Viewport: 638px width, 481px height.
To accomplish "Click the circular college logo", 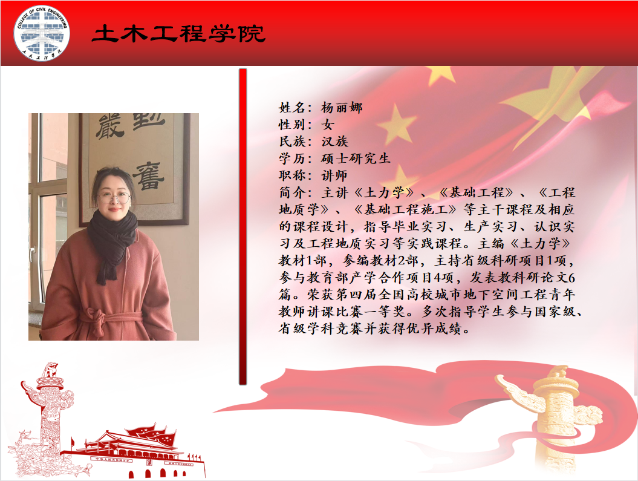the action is pyautogui.click(x=42, y=33).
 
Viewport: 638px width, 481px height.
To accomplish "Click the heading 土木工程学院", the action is pyautogui.click(x=178, y=34).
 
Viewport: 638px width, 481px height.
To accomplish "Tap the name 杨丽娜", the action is pyautogui.click(x=342, y=108).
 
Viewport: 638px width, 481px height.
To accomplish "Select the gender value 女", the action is pyautogui.click(x=328, y=125).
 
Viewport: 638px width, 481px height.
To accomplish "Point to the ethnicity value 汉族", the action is pyautogui.click(x=335, y=141).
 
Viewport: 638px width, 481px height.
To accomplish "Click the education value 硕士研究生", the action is pyautogui.click(x=356, y=159).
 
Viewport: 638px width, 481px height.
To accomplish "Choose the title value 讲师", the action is pyautogui.click(x=334, y=175).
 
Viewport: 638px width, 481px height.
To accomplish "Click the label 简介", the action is pyautogui.click(x=293, y=192).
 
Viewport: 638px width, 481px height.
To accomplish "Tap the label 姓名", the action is pyautogui.click(x=293, y=108).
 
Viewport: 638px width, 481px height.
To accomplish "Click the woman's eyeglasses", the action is pyautogui.click(x=114, y=198).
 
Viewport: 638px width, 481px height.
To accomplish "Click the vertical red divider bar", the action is pyautogui.click(x=243, y=227).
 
